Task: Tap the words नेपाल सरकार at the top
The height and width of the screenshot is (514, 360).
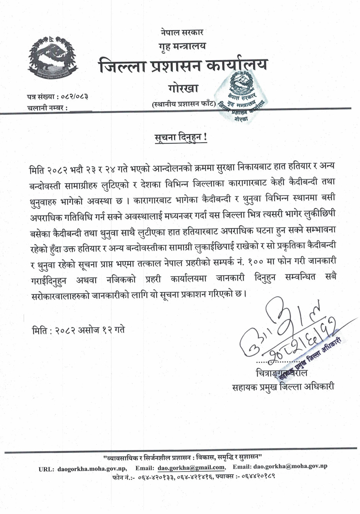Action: [182, 32]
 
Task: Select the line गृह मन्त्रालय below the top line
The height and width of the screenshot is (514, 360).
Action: [182, 46]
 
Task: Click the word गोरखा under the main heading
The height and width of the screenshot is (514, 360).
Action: [183, 89]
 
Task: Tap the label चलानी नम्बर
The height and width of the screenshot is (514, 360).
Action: [47, 108]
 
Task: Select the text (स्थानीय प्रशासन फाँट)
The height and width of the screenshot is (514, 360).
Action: [183, 103]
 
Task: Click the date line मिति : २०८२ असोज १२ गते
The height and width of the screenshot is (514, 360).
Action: [79, 329]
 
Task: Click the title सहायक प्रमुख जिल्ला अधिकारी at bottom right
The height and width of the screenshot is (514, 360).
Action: [283, 386]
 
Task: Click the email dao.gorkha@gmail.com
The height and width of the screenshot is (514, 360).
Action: [191, 467]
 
